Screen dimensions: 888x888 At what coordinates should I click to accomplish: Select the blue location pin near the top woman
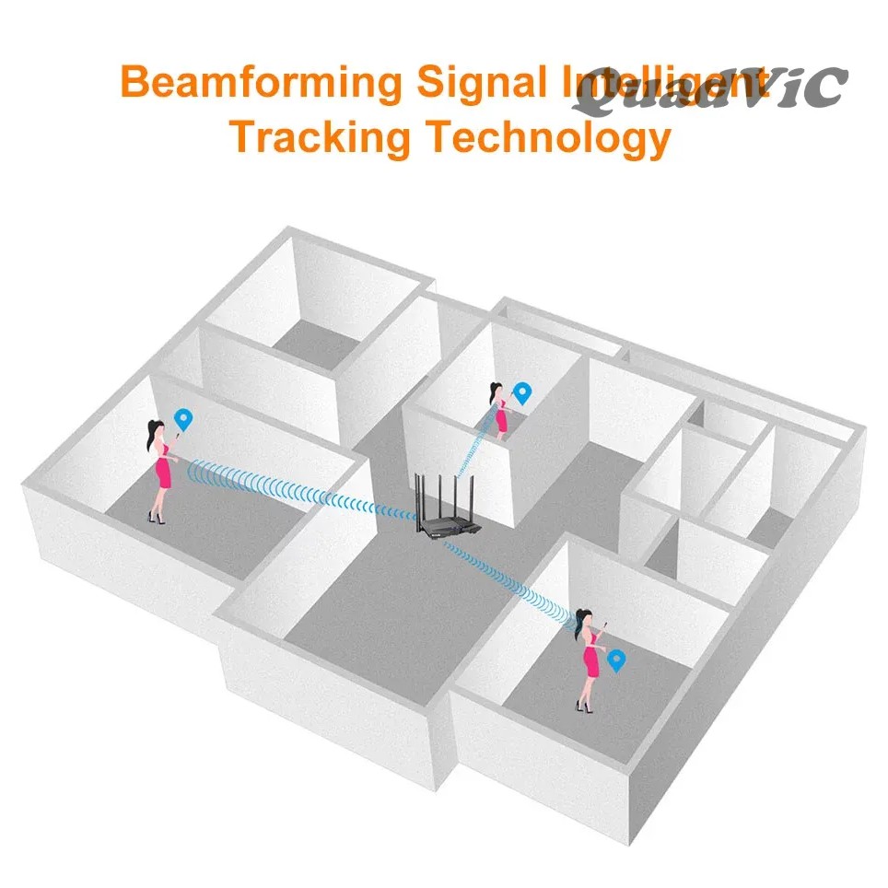[523, 393]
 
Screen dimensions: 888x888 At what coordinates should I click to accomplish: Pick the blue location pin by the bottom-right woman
[615, 659]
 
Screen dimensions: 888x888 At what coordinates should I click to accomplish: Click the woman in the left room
[160, 471]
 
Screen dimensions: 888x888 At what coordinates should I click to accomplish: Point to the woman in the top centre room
[500, 411]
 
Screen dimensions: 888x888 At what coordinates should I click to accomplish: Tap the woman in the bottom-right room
[589, 658]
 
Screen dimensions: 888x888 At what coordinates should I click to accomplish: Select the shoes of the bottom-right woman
[582, 707]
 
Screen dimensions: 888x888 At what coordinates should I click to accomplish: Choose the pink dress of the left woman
[163, 472]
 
